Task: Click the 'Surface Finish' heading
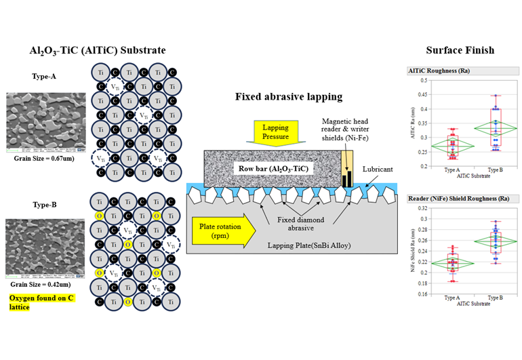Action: pos(460,50)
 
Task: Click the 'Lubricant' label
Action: pos(377,167)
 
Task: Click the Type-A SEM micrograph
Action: pos(41,120)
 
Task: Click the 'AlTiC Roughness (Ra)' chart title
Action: pos(439,70)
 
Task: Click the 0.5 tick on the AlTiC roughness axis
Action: pos(423,81)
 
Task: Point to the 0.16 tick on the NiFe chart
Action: pos(422,294)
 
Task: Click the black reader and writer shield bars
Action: pos(347,180)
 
